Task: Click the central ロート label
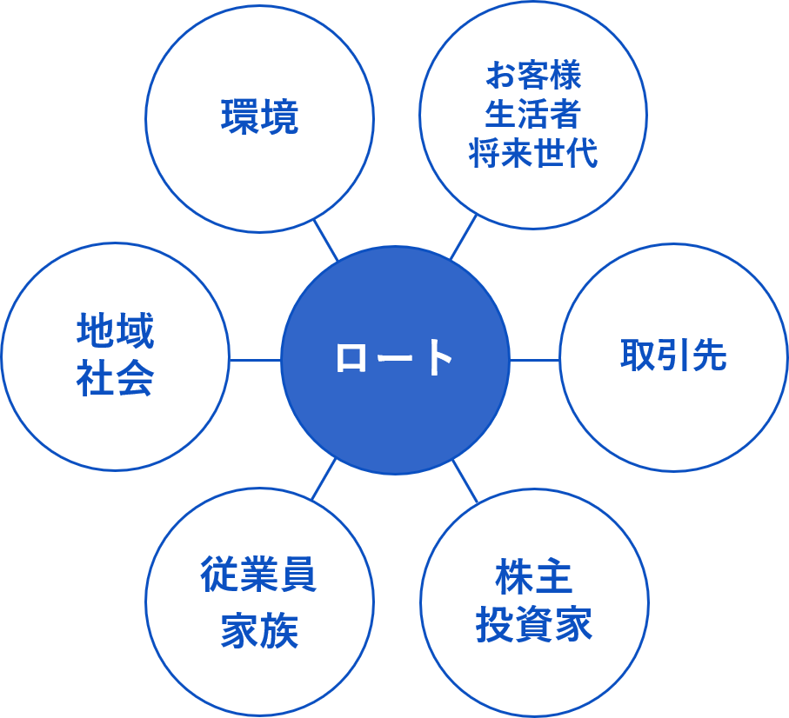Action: point(394,358)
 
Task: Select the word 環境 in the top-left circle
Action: point(259,117)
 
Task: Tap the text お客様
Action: point(532,76)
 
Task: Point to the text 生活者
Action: point(532,115)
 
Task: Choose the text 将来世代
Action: point(532,154)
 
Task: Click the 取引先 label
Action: point(672,356)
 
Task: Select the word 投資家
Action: point(533,624)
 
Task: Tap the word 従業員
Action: point(258,575)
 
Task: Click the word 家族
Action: point(258,631)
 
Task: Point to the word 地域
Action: point(115,332)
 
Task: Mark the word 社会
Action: point(115,380)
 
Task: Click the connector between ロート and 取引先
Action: point(534,359)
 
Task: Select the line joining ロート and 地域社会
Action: point(255,359)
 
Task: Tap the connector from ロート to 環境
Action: point(325,240)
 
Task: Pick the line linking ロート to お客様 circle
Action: point(464,237)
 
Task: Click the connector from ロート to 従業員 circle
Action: point(324,479)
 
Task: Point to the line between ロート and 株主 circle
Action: point(465,481)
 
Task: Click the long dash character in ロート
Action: point(394,358)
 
